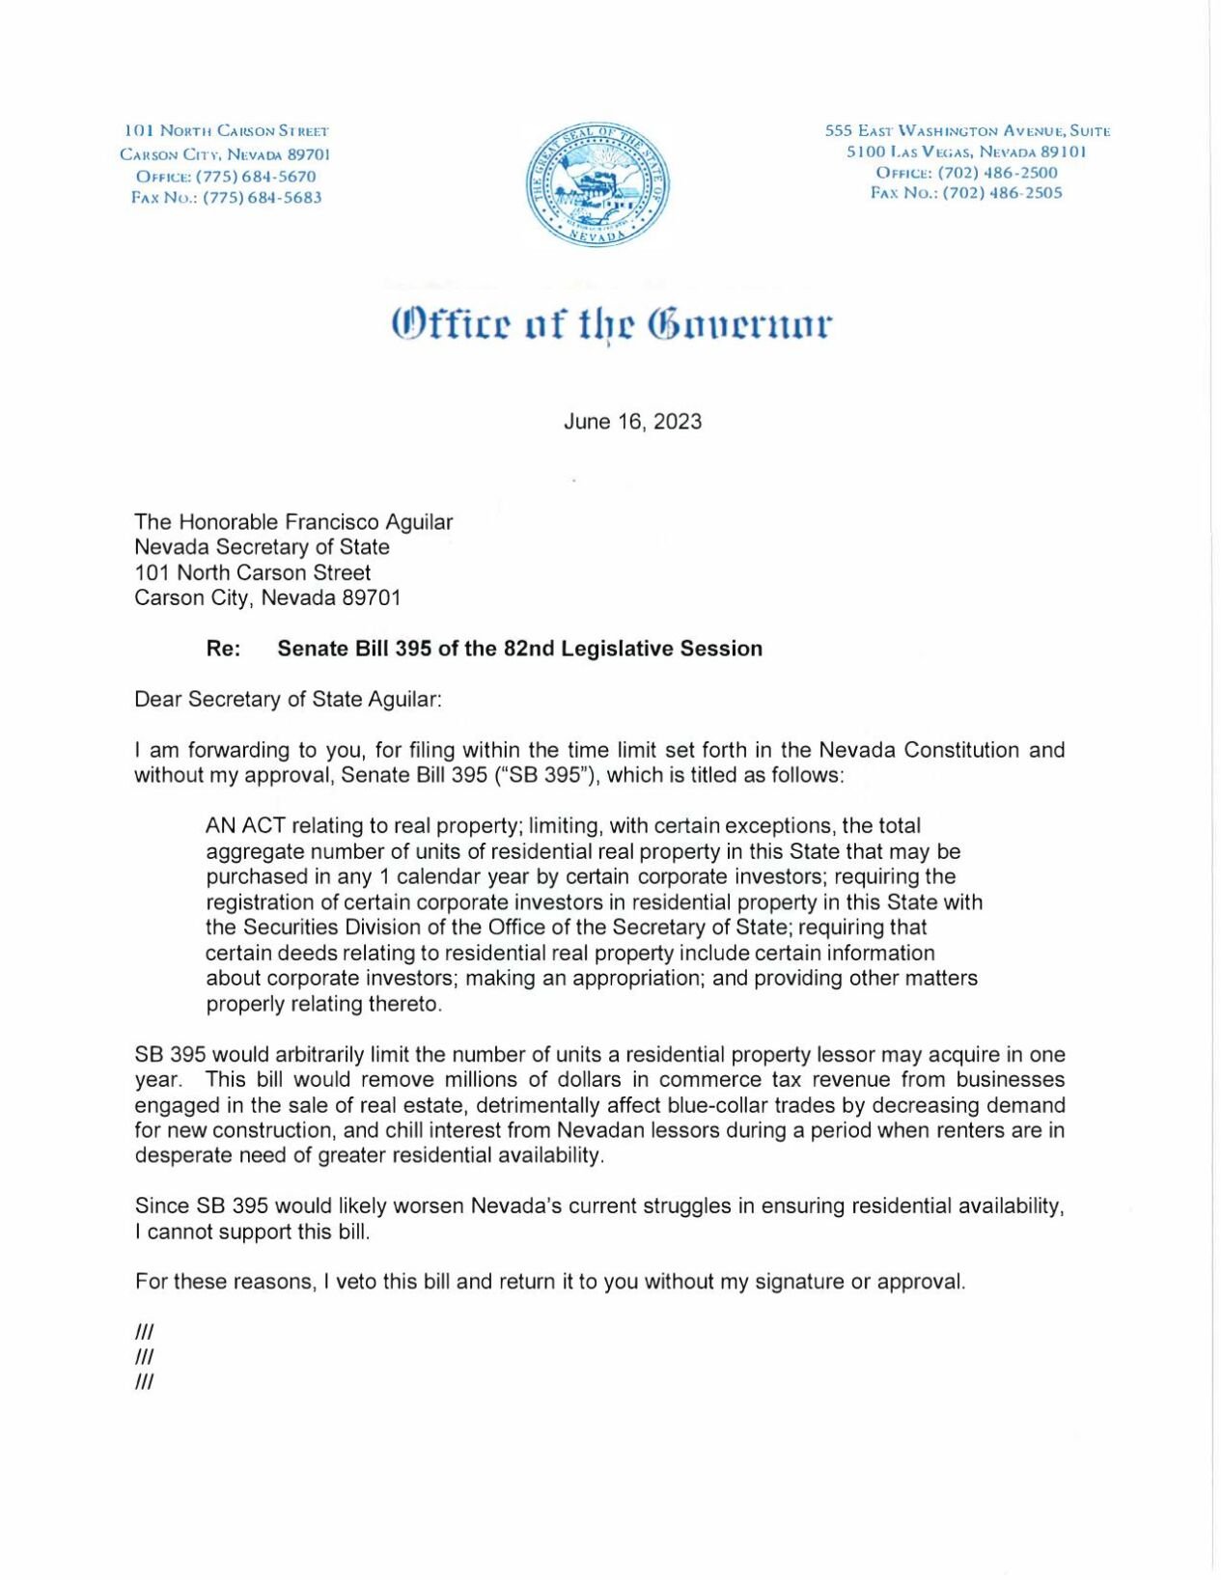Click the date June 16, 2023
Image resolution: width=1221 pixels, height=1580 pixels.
[632, 422]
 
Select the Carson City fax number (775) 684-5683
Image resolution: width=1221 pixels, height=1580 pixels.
[262, 198]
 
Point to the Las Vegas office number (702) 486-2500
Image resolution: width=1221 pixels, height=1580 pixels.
[997, 173]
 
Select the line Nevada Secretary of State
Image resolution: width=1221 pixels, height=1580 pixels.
[262, 547]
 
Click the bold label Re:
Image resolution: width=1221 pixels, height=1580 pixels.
[223, 649]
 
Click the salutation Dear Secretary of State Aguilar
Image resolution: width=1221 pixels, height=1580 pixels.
[288, 700]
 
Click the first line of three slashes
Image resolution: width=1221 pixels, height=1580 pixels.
[145, 1332]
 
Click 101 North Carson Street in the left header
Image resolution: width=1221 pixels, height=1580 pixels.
[226, 130]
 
